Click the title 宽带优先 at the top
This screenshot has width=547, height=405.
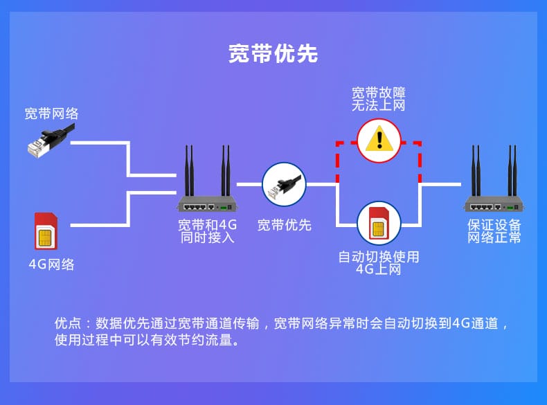tap(273, 54)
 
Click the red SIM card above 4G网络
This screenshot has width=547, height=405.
tap(46, 231)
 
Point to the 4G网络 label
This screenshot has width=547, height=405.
tap(52, 264)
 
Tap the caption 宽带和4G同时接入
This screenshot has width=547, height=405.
tap(207, 231)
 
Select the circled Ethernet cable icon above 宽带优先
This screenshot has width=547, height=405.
tap(284, 185)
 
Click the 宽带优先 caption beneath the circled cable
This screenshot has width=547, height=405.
tap(285, 225)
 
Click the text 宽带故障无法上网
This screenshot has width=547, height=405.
tap(379, 98)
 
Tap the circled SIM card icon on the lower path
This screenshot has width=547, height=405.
tap(379, 223)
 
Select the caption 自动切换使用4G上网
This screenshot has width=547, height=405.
tap(379, 263)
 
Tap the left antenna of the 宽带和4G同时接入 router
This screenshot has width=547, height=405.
tap(188, 170)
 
